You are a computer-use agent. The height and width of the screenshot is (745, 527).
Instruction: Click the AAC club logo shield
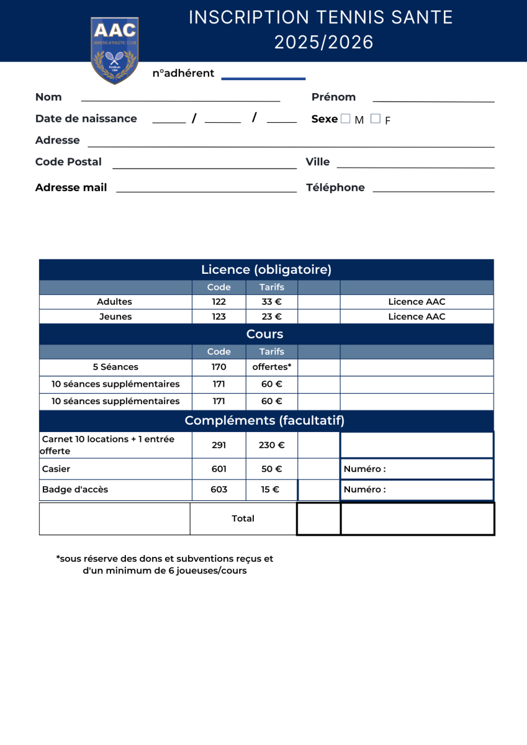[x=114, y=50]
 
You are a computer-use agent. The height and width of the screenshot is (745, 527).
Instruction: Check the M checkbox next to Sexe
[x=346, y=119]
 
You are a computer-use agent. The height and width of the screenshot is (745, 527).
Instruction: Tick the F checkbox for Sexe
[x=375, y=119]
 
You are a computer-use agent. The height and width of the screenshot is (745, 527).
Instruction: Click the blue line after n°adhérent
[x=263, y=78]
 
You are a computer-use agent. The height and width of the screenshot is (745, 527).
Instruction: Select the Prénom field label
[x=333, y=97]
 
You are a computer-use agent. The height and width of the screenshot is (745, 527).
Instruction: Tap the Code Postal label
[x=68, y=162]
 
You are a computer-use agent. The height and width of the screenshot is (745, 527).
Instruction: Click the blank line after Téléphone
[x=433, y=191]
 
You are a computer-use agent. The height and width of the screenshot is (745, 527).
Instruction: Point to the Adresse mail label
[x=71, y=187]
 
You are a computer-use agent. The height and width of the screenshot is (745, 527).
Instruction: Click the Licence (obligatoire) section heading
[x=266, y=269]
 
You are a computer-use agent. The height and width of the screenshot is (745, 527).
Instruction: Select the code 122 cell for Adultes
[x=218, y=302]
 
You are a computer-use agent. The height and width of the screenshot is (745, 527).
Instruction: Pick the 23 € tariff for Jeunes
[x=271, y=317]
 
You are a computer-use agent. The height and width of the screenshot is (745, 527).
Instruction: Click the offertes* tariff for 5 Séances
[x=271, y=367]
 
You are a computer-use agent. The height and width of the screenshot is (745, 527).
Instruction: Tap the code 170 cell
[x=218, y=367]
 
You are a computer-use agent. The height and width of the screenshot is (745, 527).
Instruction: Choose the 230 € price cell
[x=271, y=445]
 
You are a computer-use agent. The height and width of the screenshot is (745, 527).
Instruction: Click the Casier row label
[x=56, y=469]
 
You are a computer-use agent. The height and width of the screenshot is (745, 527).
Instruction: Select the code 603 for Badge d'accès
[x=218, y=490]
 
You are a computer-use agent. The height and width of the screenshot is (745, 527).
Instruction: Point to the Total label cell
[x=243, y=518]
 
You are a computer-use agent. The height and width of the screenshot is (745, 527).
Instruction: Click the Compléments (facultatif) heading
[x=264, y=421]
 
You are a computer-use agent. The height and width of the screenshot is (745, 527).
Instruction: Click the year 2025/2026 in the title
[x=324, y=42]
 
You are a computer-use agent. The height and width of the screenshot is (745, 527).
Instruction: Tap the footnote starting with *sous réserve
[x=164, y=564]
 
